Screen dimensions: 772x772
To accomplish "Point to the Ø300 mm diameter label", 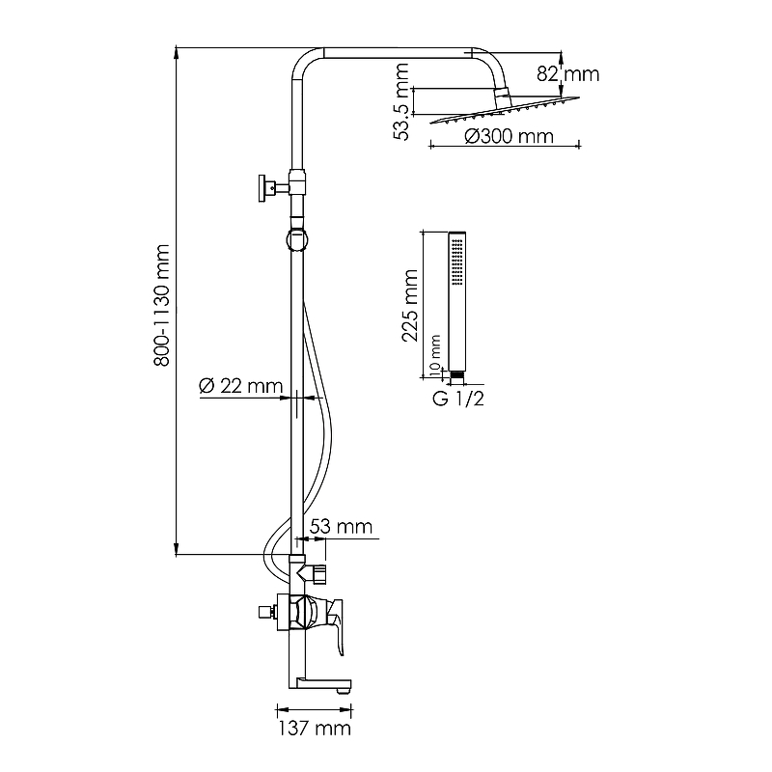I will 509,137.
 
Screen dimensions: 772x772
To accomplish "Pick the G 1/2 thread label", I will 457,399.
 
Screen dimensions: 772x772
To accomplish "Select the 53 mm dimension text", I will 343,527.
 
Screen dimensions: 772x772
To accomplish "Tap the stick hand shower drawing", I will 456,299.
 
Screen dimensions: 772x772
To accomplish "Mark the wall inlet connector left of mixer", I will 263,612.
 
